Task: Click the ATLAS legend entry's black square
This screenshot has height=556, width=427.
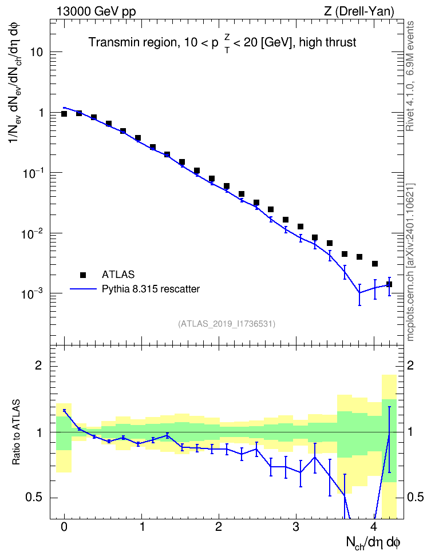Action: [83, 275]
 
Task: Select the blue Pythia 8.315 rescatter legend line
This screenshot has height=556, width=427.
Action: [84, 289]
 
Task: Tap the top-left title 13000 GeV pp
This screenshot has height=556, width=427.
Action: [96, 11]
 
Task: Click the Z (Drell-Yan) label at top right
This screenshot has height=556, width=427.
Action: [359, 11]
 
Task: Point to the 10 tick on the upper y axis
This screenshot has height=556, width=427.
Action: [36, 52]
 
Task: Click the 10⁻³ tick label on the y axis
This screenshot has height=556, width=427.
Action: [32, 293]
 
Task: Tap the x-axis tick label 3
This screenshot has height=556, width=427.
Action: [296, 527]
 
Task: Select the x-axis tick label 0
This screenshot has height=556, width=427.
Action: [64, 527]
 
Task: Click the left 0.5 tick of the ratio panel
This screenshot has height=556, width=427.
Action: [34, 498]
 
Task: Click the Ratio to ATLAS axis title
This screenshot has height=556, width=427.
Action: [15, 432]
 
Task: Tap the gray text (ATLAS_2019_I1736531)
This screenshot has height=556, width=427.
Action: [227, 323]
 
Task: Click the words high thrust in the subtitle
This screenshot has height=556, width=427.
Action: [327, 42]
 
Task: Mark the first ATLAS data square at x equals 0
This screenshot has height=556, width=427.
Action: [64, 113]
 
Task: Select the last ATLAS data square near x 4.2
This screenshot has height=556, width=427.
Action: [389, 284]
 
